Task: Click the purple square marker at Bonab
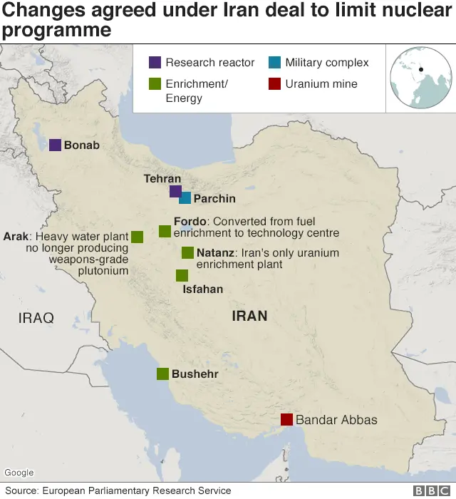click(55, 145)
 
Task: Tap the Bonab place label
click(81, 145)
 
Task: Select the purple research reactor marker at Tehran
click(175, 191)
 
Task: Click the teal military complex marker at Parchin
click(185, 198)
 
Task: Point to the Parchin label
click(214, 199)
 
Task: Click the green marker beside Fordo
click(165, 231)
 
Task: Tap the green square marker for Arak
click(137, 237)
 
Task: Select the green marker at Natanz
click(187, 252)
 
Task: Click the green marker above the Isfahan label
click(182, 275)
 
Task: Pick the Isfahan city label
click(202, 289)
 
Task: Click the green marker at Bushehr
click(162, 374)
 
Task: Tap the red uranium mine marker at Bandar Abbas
click(286, 419)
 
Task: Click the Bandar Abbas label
click(336, 420)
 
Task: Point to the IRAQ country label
click(36, 318)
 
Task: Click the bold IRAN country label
click(249, 315)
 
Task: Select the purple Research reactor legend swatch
click(155, 63)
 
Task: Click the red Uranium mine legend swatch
click(274, 83)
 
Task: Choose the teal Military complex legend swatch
click(274, 63)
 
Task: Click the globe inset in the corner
click(420, 78)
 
